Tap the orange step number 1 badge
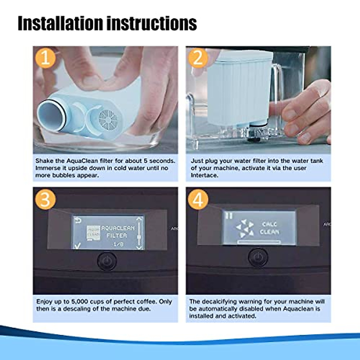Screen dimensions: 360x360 45,58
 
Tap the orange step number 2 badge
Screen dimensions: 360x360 198,58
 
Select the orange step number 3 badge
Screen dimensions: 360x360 45,199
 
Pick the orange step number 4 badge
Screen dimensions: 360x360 198,199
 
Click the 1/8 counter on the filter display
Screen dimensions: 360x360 118,244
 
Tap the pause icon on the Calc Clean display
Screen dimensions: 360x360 229,215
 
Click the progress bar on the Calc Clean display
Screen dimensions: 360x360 259,242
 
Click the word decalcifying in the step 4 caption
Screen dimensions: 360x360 222,301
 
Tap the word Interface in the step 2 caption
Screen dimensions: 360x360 204,175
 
